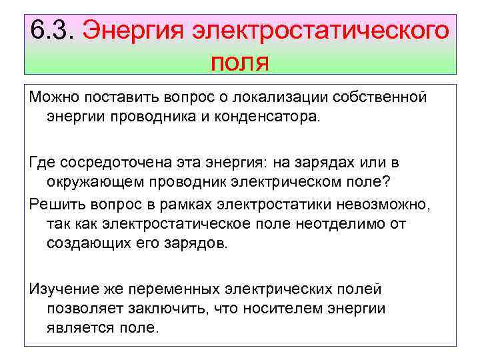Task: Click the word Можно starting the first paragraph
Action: tap(51, 98)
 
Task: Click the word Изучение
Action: tap(60, 289)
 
